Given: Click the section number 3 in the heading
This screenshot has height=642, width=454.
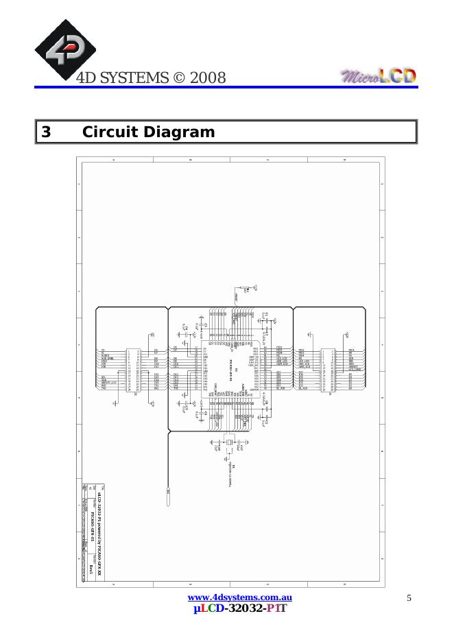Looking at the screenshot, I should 46,132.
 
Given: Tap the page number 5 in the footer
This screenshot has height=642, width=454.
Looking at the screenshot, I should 409,598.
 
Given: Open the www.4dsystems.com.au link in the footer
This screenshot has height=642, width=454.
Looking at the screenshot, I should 235,597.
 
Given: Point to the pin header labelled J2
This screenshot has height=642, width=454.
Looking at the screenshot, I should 133,370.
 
